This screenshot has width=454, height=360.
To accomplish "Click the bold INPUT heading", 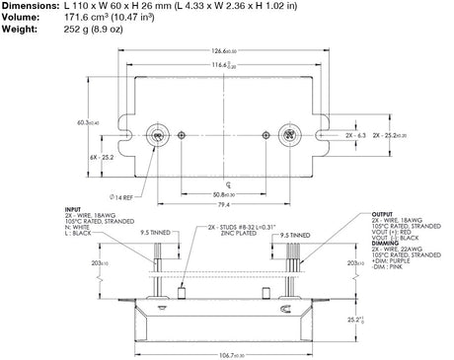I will pyautogui.click(x=71, y=209).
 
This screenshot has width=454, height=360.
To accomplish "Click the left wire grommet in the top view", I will pyautogui.click(x=156, y=134).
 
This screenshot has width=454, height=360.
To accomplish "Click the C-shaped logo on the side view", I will pyautogui.click(x=286, y=310).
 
